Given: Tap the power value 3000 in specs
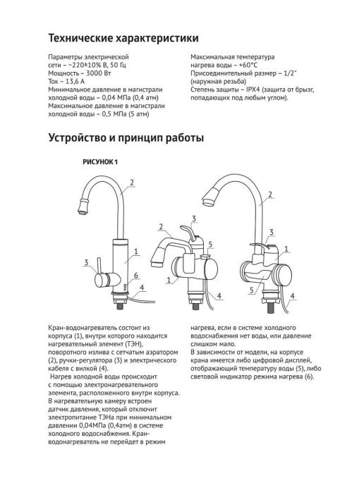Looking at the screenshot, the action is (94, 73).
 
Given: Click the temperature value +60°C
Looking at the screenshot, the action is (248, 66).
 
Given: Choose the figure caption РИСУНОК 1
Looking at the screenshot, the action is (100, 162).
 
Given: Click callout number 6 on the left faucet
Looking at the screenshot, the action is (135, 276).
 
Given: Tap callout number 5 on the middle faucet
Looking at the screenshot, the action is (210, 245).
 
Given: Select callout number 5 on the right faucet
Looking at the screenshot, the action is (252, 290).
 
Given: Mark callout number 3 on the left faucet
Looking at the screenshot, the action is (86, 263).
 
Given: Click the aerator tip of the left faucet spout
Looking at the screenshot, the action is (83, 207).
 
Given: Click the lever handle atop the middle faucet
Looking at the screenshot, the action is (190, 233).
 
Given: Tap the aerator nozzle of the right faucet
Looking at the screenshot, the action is (212, 197).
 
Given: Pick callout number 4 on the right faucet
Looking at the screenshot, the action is (292, 295).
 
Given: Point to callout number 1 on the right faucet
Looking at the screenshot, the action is (286, 249).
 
